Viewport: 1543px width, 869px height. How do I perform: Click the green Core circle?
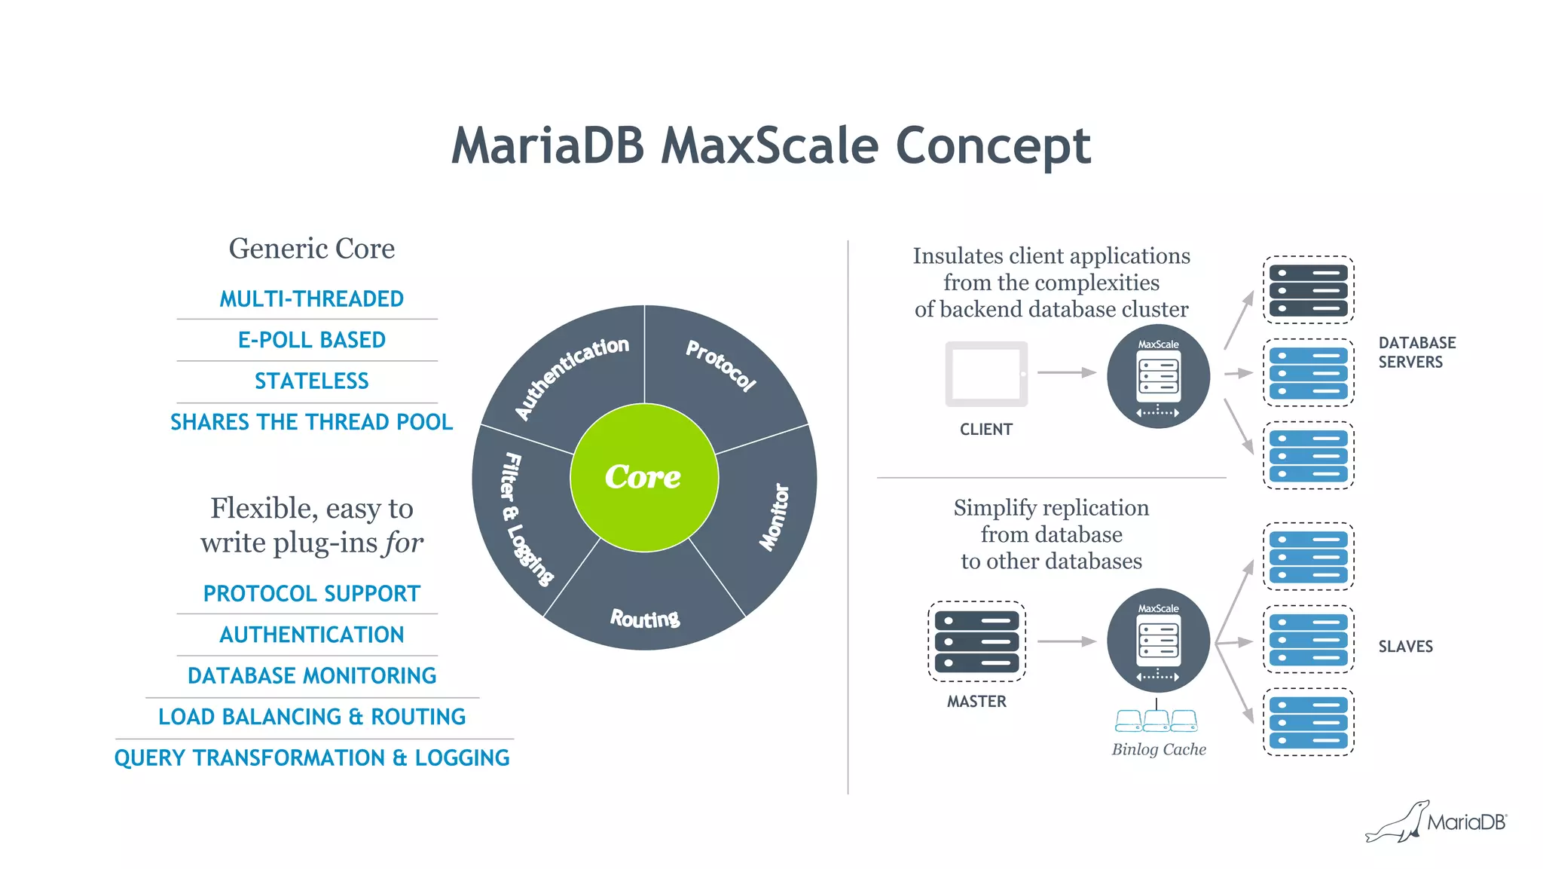(644, 477)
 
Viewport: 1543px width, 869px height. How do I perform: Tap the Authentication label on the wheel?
(572, 377)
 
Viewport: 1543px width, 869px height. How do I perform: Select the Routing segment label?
(645, 619)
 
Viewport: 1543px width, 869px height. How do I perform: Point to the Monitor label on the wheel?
(775, 517)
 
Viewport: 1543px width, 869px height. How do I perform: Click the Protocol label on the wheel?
(721, 366)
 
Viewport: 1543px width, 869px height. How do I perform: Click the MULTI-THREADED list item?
(311, 299)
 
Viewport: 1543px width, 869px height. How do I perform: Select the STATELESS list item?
(311, 381)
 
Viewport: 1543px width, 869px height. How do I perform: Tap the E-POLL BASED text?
(311, 340)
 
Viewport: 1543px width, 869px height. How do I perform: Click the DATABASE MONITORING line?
(311, 676)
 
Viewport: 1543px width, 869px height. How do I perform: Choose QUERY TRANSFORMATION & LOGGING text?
(311, 758)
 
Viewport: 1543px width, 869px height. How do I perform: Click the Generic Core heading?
(311, 249)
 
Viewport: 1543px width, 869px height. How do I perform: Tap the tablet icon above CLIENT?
(986, 374)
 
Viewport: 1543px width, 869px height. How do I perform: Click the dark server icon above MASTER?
(976, 641)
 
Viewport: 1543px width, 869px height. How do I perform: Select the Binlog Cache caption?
(1159, 750)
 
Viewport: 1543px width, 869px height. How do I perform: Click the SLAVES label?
(1405, 647)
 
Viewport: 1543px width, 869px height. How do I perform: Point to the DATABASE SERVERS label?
(1416, 353)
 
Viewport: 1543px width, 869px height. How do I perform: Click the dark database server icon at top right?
(1308, 290)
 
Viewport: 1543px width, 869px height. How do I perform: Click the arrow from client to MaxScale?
(1066, 372)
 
